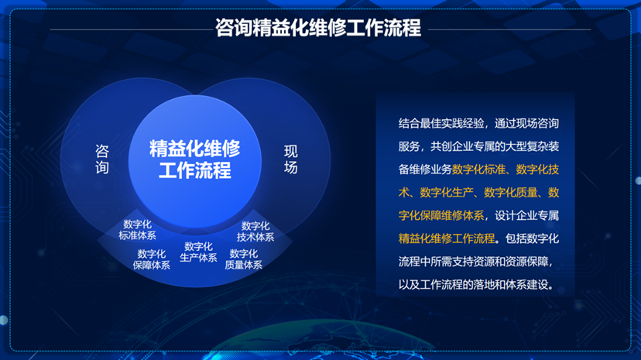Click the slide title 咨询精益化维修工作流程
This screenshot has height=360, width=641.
coord(318,28)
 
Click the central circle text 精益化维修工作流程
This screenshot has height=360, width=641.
coord(194,159)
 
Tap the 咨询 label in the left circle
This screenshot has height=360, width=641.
coord(101,159)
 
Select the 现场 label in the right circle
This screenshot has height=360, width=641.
coord(290,159)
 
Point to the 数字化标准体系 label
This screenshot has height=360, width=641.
coord(137,230)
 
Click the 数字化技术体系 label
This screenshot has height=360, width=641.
coord(255,231)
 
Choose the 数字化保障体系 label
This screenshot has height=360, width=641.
coord(151,259)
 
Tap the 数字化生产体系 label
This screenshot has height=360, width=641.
coord(198,252)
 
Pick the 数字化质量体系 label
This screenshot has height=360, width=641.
coord(243,259)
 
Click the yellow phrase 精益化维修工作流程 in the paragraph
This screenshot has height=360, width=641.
coord(447,238)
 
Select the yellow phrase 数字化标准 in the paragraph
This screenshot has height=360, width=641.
coord(478,170)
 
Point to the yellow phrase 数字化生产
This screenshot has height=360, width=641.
coord(447,192)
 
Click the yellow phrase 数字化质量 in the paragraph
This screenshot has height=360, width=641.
coord(511,192)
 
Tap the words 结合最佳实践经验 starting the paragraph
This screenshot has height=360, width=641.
coord(441,123)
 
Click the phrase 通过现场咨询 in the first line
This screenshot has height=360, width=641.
coord(526,123)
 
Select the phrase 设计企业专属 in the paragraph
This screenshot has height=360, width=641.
coord(526,215)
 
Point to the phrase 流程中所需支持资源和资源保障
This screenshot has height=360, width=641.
coord(473,261)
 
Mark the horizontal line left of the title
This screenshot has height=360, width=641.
coord(132,29)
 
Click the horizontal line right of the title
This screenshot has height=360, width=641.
coord(509,29)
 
